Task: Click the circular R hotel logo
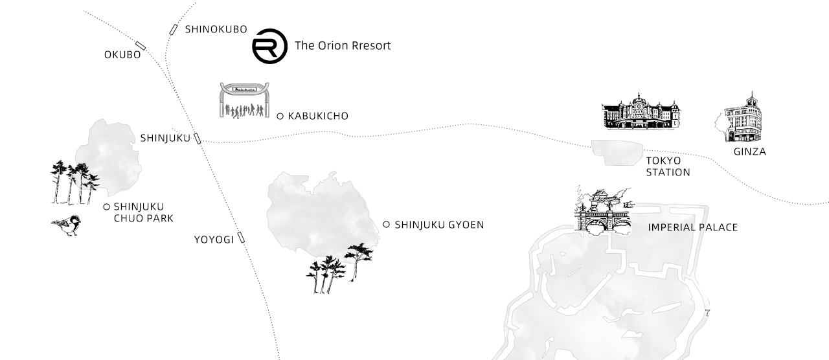pos(269,46)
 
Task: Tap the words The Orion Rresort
pos(343,45)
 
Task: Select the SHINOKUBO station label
pos(216,29)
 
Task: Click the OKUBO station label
pos(122,55)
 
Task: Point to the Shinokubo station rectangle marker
pos(173,30)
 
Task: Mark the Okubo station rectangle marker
pos(141,46)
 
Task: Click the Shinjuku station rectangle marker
pos(198,139)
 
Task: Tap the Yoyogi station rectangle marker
pos(241,237)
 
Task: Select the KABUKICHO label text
pos(318,116)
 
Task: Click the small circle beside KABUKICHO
pos(280,116)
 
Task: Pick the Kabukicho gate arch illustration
pos(244,100)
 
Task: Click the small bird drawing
pos(67,225)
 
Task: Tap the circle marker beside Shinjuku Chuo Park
pos(107,207)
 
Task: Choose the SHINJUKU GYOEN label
pos(439,225)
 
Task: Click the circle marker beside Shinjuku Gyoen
pos(386,224)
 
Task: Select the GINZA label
pos(750,152)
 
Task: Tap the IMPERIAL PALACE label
pos(693,227)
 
